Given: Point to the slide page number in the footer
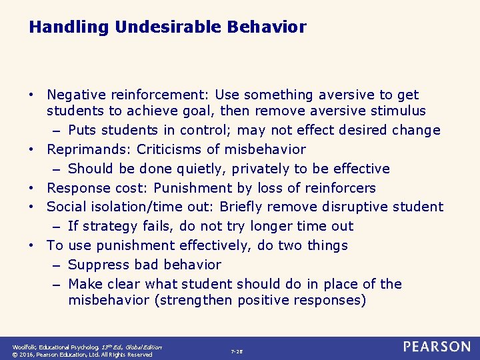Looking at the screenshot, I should pyautogui.click(x=237, y=351).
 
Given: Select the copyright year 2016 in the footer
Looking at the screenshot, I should pyautogui.click(x=27, y=355).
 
